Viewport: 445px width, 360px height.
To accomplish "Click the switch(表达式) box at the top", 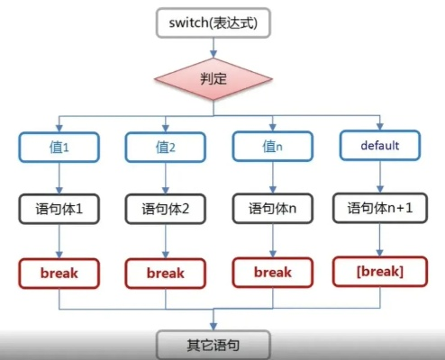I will click(213, 22).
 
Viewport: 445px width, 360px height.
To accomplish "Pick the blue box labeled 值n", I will click(272, 145).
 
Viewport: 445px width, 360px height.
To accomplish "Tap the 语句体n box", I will click(272, 209).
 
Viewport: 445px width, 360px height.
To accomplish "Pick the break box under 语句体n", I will click(272, 272).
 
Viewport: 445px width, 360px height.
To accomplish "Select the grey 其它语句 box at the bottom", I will click(213, 344).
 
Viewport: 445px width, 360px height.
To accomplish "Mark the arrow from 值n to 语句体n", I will click(272, 176).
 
